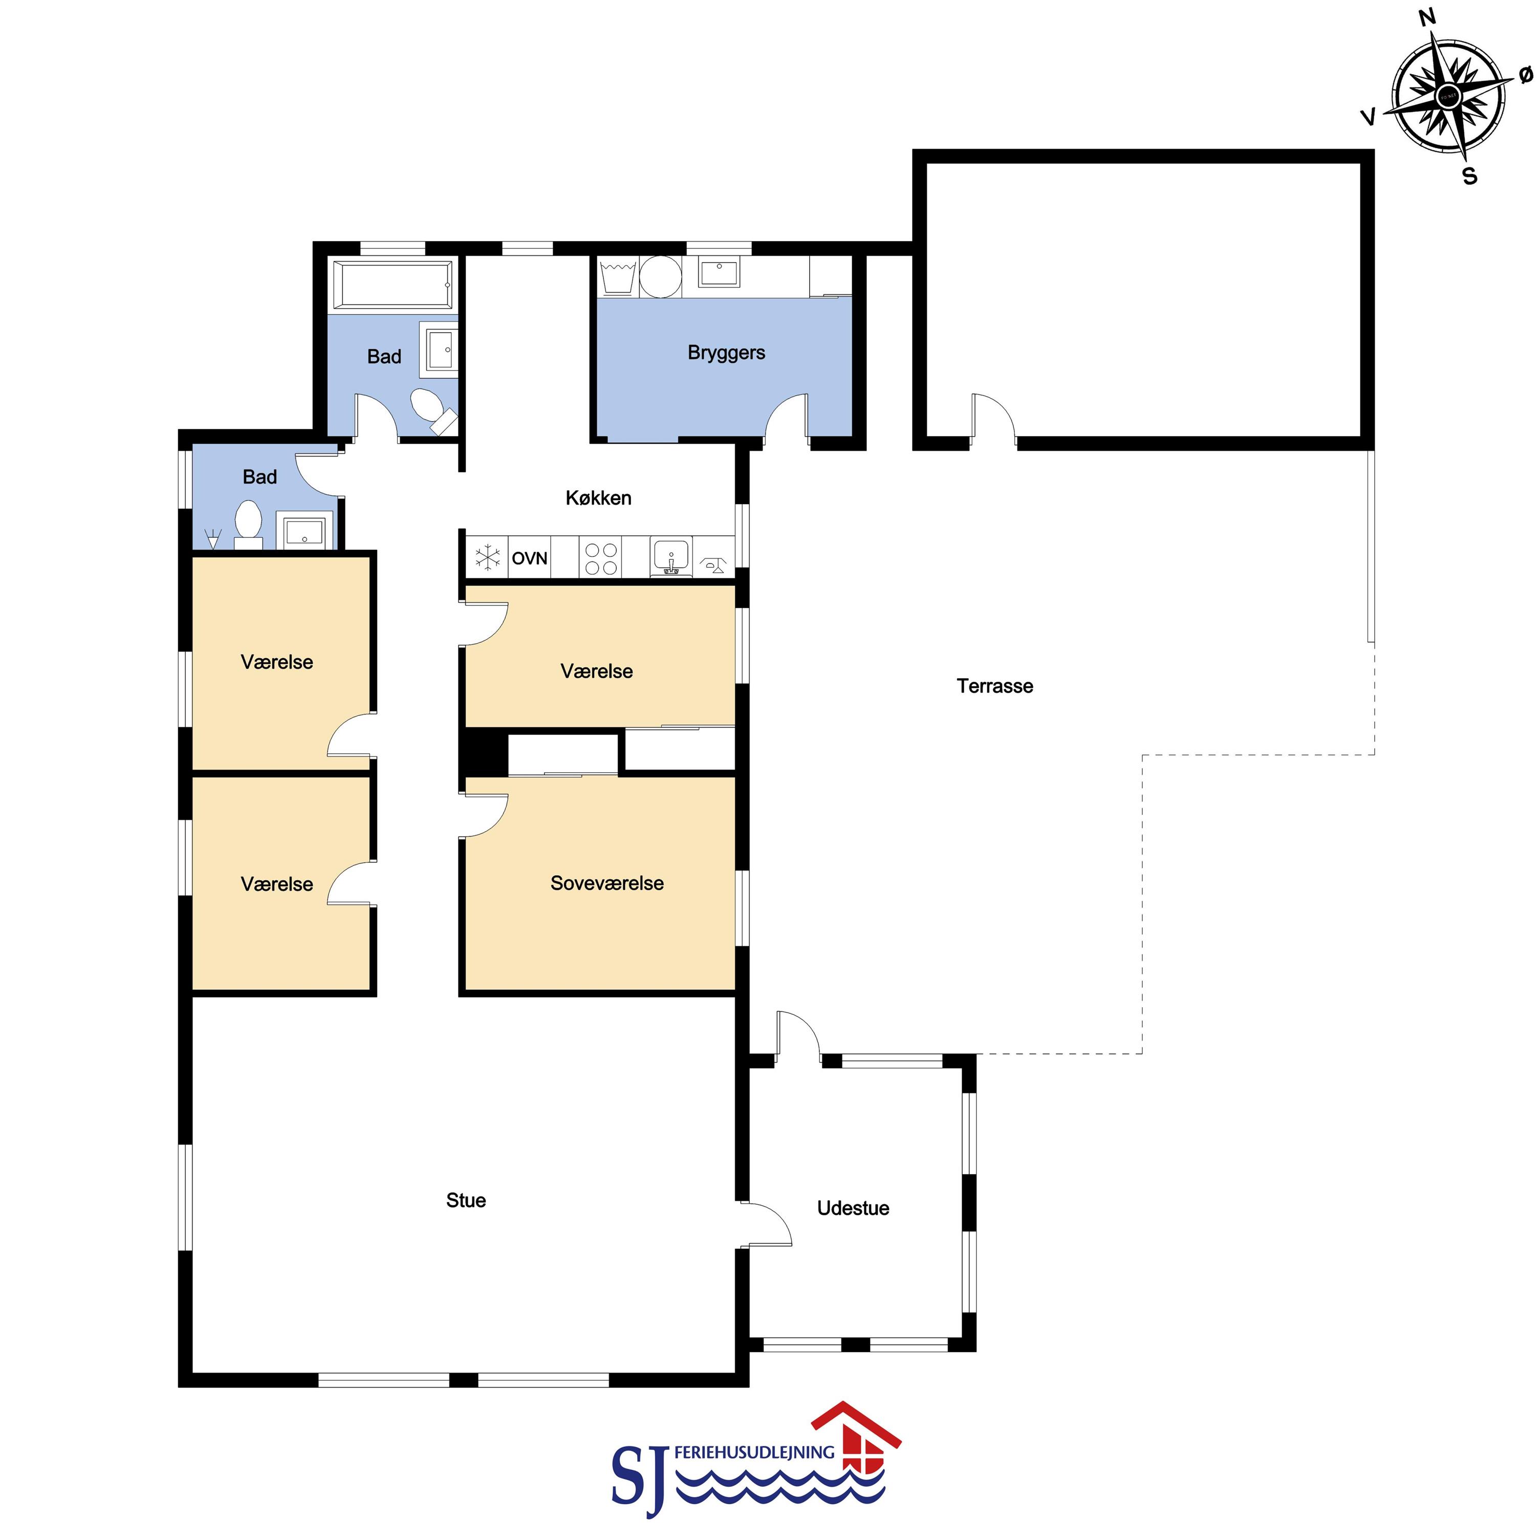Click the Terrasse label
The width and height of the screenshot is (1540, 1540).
pyautogui.click(x=995, y=686)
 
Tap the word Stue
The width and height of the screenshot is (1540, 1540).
pyautogui.click(x=466, y=1201)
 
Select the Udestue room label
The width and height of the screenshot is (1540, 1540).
pyautogui.click(x=853, y=1208)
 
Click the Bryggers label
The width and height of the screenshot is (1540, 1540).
pyautogui.click(x=726, y=353)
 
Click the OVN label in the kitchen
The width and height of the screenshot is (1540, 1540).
pyautogui.click(x=529, y=558)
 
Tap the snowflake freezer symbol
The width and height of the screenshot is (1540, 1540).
pyautogui.click(x=487, y=557)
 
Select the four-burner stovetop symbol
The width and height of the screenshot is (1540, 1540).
pyautogui.click(x=601, y=558)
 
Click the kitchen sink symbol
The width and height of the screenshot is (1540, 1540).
pyautogui.click(x=671, y=556)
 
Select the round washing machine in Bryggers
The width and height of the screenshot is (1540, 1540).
pyautogui.click(x=661, y=276)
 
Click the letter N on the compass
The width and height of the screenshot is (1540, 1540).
pyautogui.click(x=1427, y=17)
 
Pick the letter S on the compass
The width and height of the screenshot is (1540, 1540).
pyautogui.click(x=1470, y=176)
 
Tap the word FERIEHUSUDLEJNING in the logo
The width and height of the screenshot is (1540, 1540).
pyautogui.click(x=754, y=1452)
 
